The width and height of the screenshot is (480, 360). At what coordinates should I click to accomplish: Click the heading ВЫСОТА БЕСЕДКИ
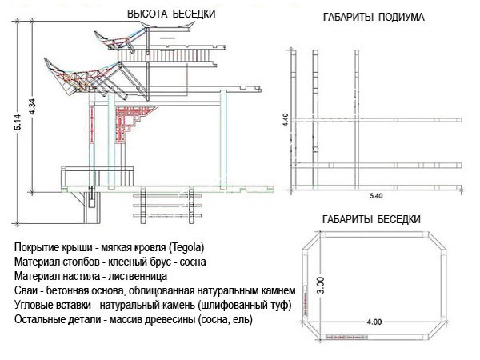pos(170,14)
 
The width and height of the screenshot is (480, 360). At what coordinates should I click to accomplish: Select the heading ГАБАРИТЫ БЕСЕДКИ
pos(370,218)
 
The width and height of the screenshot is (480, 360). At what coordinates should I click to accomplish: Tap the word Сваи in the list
pos(26,290)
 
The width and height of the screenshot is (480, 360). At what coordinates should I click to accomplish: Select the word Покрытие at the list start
pos(37,246)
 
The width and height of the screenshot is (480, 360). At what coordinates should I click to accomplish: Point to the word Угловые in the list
pos(34,305)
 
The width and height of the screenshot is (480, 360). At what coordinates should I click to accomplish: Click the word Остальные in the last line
pos(40,319)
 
